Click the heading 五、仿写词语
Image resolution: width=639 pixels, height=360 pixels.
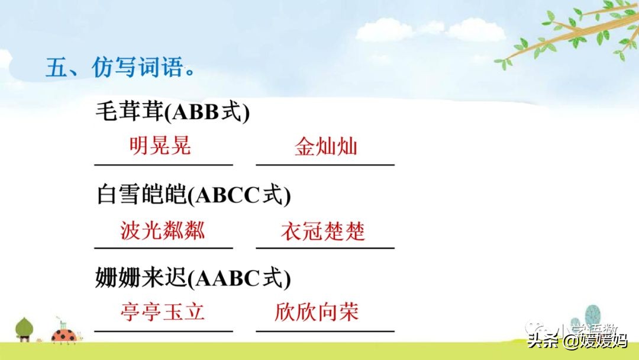[x=120, y=67]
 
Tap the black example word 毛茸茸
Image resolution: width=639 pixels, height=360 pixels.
[x=130, y=111]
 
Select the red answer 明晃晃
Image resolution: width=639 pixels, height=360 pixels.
[x=160, y=146]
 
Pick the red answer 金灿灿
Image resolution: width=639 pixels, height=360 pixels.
[x=325, y=146]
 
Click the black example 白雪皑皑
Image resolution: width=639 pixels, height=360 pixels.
[x=141, y=194]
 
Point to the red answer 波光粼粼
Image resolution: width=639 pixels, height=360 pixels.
[x=163, y=230]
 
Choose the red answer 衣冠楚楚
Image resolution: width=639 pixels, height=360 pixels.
[x=323, y=231]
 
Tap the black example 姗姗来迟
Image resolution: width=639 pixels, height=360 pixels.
[x=141, y=278]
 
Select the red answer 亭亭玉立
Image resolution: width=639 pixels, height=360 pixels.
[x=162, y=312]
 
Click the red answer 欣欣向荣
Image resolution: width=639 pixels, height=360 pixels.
[x=317, y=312]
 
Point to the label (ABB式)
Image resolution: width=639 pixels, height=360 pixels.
[x=207, y=112]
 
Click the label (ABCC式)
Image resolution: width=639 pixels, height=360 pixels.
[x=239, y=195]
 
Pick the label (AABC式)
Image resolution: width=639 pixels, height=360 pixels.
[x=239, y=278]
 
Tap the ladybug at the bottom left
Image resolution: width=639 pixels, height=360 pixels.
[x=64, y=335]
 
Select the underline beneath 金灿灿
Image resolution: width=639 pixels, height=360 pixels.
[x=325, y=165]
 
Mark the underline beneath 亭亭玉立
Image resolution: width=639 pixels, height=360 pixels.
[x=163, y=331]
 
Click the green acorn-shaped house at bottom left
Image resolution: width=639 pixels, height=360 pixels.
[x=24, y=329]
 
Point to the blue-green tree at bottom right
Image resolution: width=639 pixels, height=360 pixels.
[x=592, y=316]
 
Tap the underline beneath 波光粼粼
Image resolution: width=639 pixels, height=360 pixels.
[x=163, y=247]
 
